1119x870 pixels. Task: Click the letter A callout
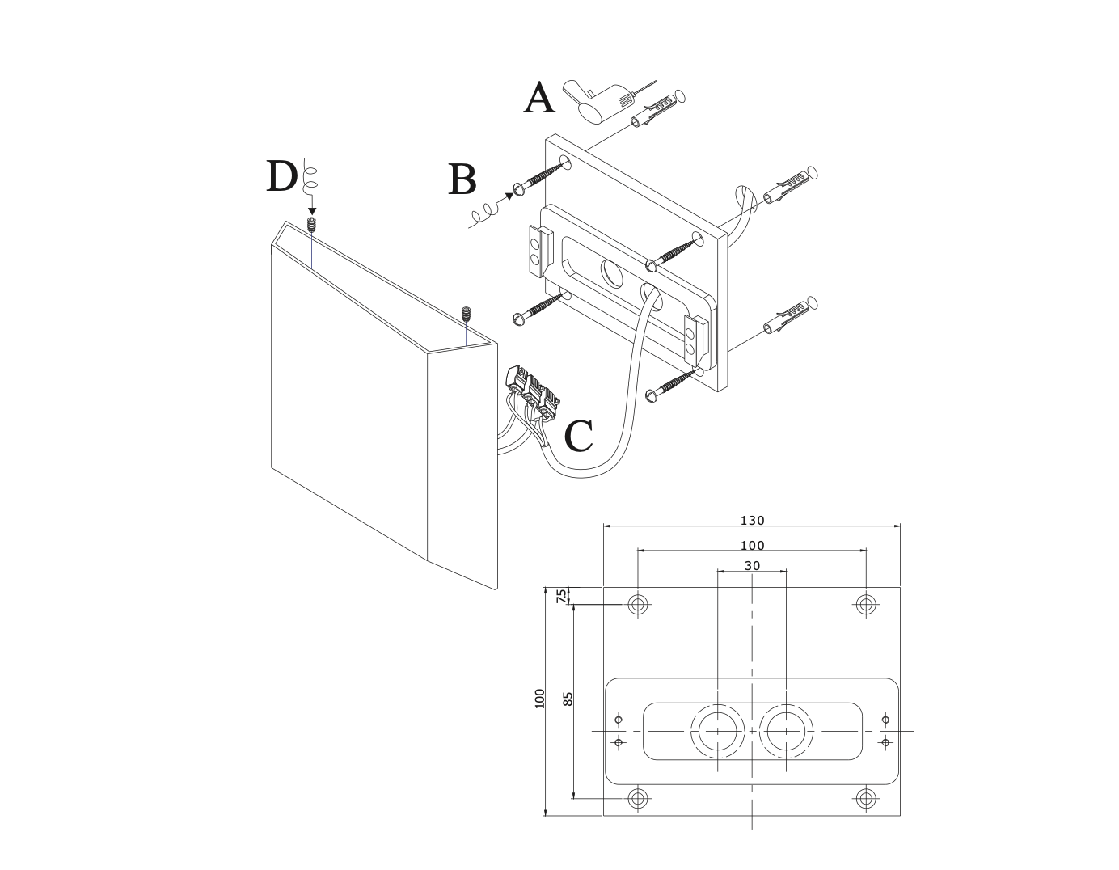(540, 99)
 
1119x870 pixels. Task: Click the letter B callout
(462, 180)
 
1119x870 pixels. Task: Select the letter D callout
(281, 176)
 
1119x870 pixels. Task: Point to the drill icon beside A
(597, 100)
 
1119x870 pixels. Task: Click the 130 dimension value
(752, 521)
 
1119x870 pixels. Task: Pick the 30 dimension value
(752, 566)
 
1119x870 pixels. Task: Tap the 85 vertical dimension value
(568, 699)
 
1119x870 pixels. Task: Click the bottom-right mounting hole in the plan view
(866, 799)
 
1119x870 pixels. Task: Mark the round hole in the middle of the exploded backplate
(612, 275)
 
